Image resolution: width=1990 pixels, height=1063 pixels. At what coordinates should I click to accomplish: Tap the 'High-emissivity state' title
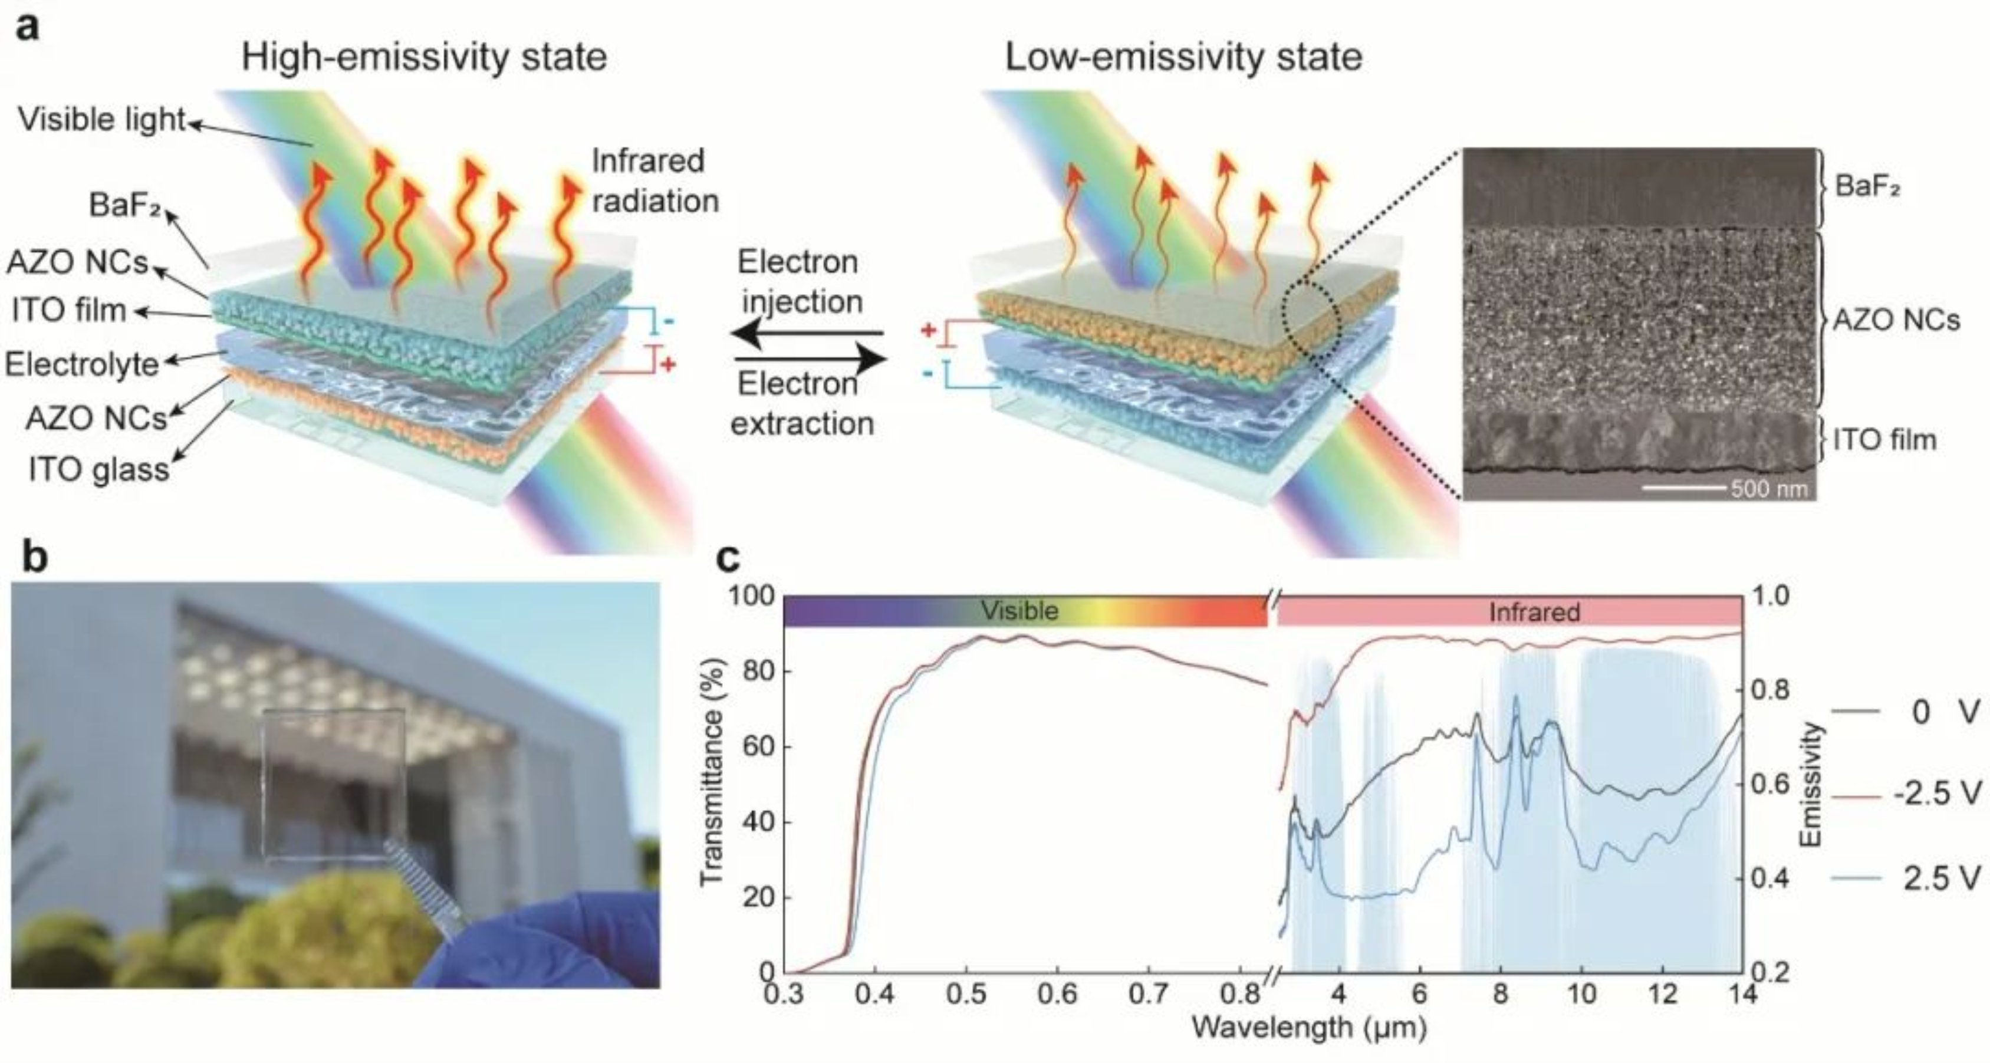tap(423, 58)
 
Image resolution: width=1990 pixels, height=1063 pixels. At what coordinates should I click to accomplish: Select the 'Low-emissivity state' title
tap(1183, 58)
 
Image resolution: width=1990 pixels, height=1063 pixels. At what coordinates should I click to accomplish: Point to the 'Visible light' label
tap(101, 120)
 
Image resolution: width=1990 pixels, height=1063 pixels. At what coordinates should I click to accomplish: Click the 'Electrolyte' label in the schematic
tap(82, 364)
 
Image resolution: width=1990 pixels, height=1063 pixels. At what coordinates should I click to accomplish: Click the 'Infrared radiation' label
tap(654, 181)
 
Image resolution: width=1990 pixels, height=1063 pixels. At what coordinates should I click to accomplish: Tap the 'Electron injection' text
tap(800, 282)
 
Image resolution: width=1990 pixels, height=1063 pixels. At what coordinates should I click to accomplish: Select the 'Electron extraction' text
tap(801, 403)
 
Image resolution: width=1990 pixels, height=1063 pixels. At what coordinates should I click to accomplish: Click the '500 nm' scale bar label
tap(1769, 489)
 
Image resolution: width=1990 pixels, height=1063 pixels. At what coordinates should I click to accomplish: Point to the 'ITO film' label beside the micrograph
tap(1885, 440)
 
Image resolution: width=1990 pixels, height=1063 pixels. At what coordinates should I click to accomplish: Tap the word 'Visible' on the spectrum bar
tap(1019, 611)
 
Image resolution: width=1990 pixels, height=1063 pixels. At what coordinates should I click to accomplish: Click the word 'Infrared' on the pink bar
tap(1534, 613)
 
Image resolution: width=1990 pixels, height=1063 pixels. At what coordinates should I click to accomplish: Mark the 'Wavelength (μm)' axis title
tap(1308, 1028)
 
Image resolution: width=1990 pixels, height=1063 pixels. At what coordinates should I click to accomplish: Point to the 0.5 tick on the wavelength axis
tap(966, 993)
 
